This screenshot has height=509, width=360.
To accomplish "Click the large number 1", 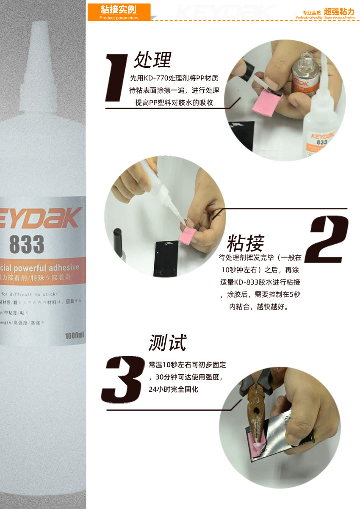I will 117,78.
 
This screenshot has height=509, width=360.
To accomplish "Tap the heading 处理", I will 152,60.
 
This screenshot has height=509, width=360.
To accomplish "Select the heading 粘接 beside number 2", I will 245,243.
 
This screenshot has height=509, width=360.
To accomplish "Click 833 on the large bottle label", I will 26,244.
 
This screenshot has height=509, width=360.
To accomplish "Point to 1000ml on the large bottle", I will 75,336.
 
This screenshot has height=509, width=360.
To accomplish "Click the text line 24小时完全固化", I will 173,389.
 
